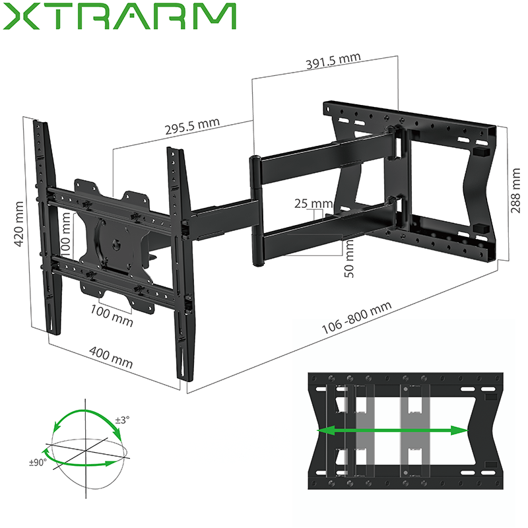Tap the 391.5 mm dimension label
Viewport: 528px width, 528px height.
(333, 61)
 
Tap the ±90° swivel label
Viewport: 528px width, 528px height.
(36, 463)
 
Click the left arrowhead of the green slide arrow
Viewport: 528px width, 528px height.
(323, 430)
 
